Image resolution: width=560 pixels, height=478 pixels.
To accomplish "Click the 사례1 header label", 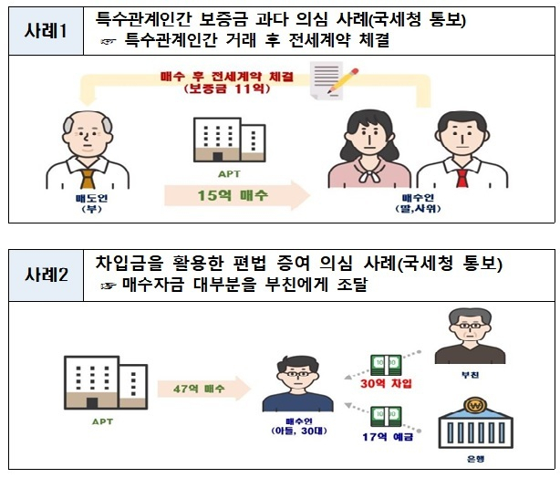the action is [46, 30].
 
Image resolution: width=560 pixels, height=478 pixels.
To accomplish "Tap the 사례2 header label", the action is [47, 275].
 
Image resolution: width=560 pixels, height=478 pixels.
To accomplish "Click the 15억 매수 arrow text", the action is [233, 195].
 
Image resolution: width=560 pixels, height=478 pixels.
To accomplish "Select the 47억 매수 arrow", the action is [204, 389].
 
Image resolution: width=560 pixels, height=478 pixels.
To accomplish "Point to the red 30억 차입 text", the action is [386, 383].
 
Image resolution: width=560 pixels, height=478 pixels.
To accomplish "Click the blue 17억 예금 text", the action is [388, 437].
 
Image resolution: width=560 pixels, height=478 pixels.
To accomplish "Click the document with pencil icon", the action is [333, 80].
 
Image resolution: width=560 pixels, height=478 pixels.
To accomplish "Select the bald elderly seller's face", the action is [88, 132].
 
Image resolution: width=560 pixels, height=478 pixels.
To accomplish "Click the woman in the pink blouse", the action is [368, 149].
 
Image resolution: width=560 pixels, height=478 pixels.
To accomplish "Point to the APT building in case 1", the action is [229, 140].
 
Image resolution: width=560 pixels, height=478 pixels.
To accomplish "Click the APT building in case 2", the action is [106, 382].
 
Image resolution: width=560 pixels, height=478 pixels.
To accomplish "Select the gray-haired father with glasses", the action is [470, 337].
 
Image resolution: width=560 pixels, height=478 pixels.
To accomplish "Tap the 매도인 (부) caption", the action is [92, 203].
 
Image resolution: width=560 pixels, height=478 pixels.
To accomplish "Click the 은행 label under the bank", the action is [476, 459].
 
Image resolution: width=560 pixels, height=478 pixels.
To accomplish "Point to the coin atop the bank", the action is [475, 405].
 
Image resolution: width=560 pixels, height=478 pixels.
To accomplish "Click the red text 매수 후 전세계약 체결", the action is [227, 77].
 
